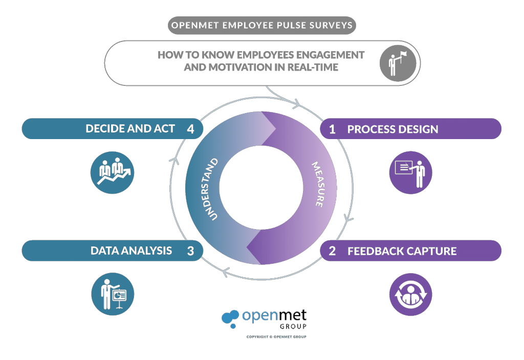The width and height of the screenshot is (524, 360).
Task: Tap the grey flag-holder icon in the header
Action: tap(396, 63)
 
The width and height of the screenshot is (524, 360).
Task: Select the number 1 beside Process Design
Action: tap(332, 129)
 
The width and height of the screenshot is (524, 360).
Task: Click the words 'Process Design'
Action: tap(392, 129)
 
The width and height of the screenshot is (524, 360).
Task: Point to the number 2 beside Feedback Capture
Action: tap(332, 251)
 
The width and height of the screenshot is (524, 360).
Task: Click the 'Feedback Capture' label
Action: tap(402, 251)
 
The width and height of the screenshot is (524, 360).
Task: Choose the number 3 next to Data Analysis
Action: tap(190, 251)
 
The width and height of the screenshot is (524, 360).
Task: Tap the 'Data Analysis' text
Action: tap(131, 251)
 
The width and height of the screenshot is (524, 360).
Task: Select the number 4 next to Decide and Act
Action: tap(190, 129)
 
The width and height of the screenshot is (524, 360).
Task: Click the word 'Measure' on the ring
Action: tap(318, 185)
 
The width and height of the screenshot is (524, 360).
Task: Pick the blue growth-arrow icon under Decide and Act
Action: tap(113, 173)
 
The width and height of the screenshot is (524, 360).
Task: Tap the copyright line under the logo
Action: tap(276, 337)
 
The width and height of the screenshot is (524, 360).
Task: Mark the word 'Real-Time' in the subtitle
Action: tap(312, 67)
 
